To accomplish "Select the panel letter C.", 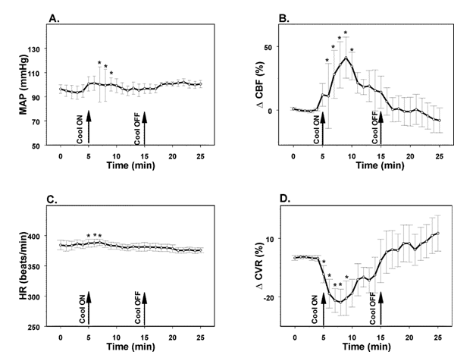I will click(x=52, y=200).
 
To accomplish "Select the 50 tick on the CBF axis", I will click(x=268, y=48).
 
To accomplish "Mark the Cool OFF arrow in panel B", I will click(x=380, y=128).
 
